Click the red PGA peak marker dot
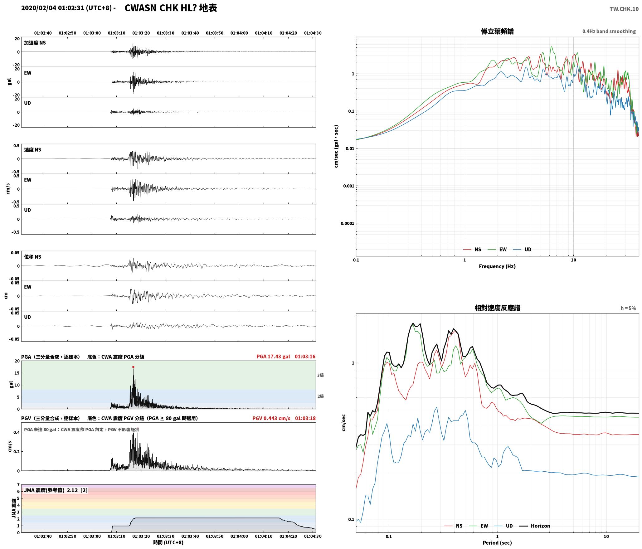click(x=133, y=367)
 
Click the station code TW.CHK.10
click(x=624, y=9)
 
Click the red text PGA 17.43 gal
click(x=273, y=357)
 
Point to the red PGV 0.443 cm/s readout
click(x=271, y=418)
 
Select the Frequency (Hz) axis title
click(x=497, y=266)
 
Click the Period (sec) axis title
click(x=497, y=543)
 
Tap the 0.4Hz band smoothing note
click(x=609, y=32)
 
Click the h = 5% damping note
click(x=628, y=308)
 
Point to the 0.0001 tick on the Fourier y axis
click(x=347, y=223)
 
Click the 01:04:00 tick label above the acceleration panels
click(x=239, y=33)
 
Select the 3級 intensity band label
click(x=320, y=375)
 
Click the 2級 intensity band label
click(x=320, y=396)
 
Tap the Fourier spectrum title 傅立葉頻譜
click(x=497, y=32)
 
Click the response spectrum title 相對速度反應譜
click(x=497, y=308)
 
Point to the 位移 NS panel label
click(x=33, y=257)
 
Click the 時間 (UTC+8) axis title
click(x=168, y=542)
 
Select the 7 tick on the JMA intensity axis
click(x=18, y=484)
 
